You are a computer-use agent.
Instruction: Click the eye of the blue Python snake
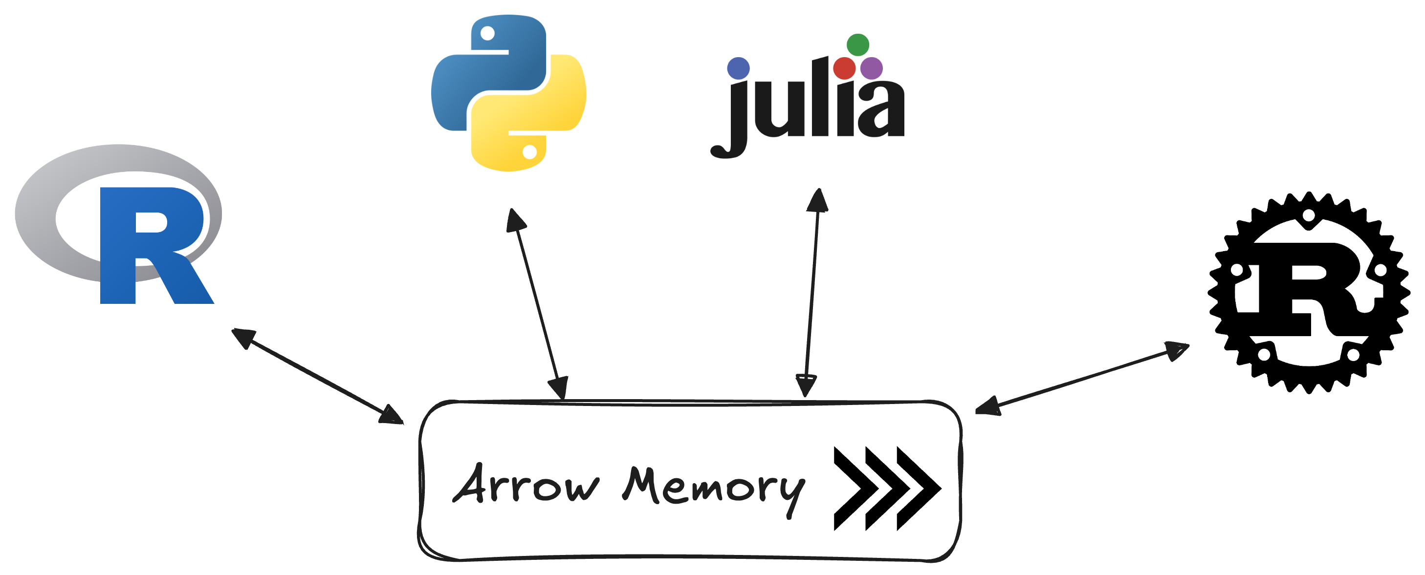[487, 34]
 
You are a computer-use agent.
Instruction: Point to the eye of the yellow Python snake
[529, 151]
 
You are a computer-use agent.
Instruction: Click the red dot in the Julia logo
[844, 68]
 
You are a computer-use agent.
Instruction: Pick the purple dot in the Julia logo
[871, 68]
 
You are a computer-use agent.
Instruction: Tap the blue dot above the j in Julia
[738, 68]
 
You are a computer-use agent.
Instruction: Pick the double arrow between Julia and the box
[811, 293]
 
